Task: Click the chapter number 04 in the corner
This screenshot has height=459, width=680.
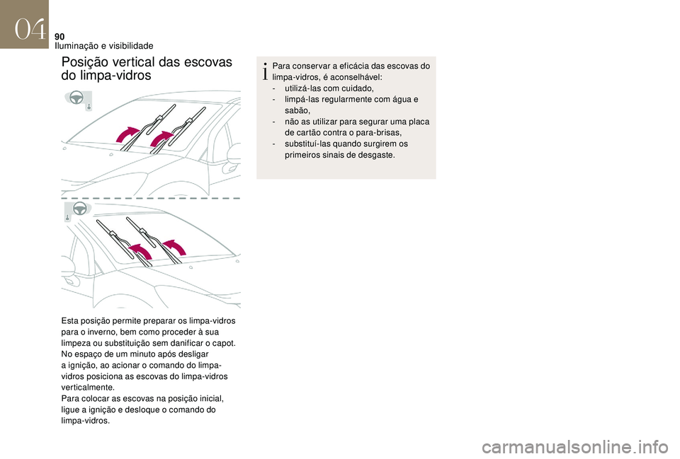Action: [x=30, y=30]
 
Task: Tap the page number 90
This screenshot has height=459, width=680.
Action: [x=59, y=37]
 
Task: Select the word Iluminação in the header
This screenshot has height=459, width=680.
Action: [x=76, y=46]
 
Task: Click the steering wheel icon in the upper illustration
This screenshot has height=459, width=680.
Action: [x=76, y=98]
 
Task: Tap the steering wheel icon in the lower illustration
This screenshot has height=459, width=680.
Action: [x=79, y=209]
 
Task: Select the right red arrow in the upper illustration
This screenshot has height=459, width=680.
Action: [x=161, y=138]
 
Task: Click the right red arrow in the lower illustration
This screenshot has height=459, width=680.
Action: [x=175, y=247]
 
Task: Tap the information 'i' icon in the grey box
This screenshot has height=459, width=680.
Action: [x=265, y=71]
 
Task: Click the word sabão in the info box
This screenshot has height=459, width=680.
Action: [x=296, y=110]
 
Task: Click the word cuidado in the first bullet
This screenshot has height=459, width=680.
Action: [x=356, y=88]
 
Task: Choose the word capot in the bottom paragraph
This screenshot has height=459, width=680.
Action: [x=225, y=344]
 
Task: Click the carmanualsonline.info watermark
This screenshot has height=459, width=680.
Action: [x=577, y=447]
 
